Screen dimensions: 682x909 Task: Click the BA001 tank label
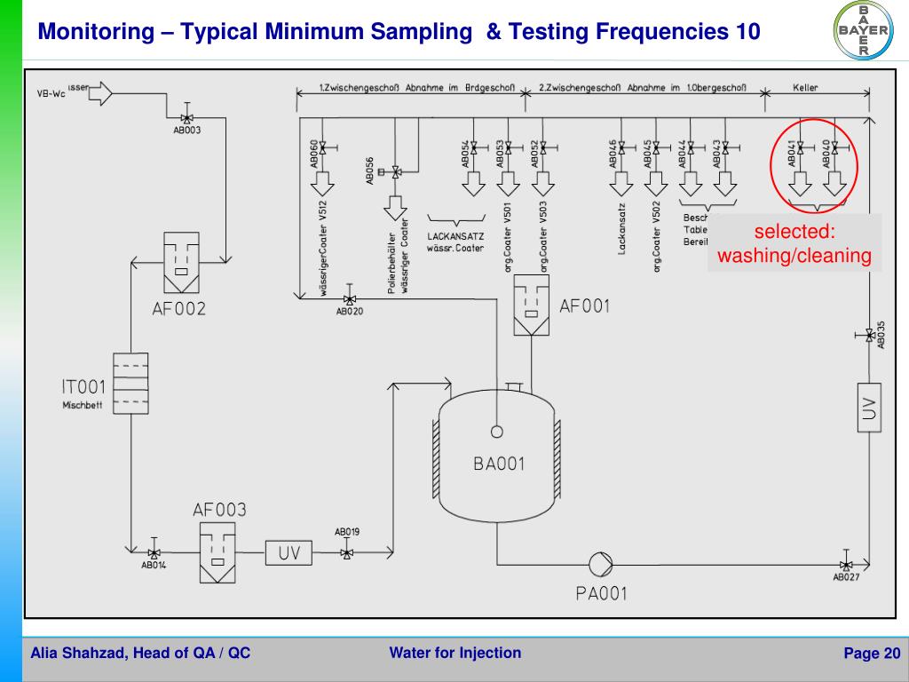pos(498,463)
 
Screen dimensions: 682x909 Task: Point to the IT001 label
pos(83,387)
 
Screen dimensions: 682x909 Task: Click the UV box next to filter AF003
pos(289,553)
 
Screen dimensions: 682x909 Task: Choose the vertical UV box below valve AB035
pos(870,408)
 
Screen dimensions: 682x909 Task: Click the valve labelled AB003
pos(186,118)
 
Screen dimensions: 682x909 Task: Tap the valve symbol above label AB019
pos(346,553)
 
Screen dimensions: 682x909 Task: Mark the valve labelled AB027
pos(846,566)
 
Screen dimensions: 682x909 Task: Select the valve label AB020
pos(349,312)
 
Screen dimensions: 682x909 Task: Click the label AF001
pos(585,306)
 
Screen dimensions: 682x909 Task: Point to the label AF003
pos(219,511)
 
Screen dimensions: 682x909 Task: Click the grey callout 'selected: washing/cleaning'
pos(794,244)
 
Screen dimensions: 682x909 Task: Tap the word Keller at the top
pos(806,88)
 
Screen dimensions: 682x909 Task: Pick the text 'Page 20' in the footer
pos(871,654)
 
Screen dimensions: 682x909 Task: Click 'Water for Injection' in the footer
pos(454,654)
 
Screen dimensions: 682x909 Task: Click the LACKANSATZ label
pos(454,237)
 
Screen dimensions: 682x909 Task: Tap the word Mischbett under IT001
pos(83,406)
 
